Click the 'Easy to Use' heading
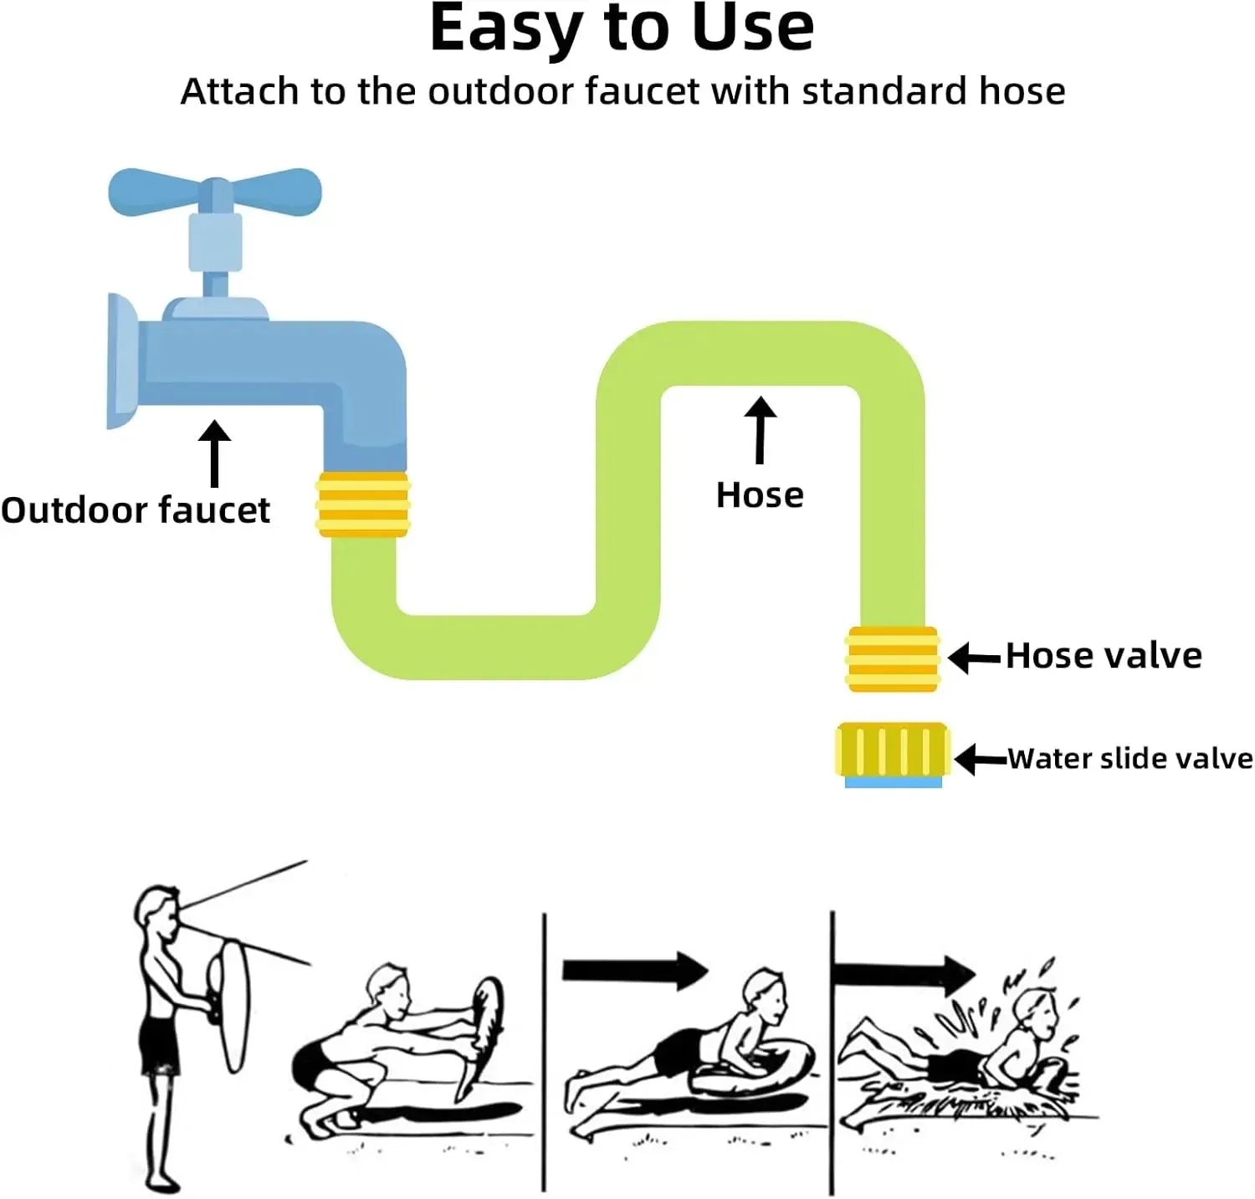click(622, 28)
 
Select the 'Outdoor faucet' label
click(136, 510)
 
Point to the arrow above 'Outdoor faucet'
click(215, 453)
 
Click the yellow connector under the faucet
click(362, 505)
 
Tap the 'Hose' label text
click(760, 495)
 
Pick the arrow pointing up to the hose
click(760, 430)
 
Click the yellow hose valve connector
click(893, 659)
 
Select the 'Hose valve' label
click(1104, 656)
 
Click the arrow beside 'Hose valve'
click(975, 658)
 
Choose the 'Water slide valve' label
click(1130, 759)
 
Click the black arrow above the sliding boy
click(635, 971)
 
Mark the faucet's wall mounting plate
click(122, 361)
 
